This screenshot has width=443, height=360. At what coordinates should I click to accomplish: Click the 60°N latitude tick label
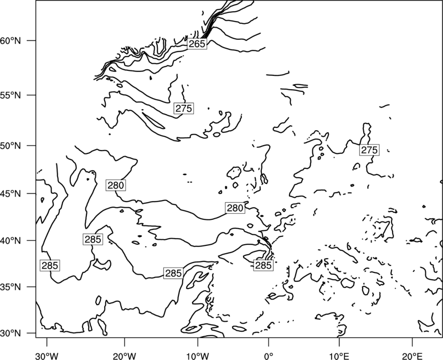(11, 40)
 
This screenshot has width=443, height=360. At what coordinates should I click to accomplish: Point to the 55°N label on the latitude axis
(11, 95)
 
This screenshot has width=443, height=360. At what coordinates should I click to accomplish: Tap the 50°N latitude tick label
(11, 146)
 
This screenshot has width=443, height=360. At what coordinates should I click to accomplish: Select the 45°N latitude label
(11, 194)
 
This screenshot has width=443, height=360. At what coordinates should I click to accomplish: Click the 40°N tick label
(11, 241)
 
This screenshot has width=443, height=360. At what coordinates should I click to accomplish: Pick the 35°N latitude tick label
(11, 287)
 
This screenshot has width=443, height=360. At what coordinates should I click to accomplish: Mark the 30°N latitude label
(11, 333)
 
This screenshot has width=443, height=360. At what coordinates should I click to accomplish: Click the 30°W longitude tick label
(47, 356)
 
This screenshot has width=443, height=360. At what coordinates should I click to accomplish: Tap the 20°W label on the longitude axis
(125, 356)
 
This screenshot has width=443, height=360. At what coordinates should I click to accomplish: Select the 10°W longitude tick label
(198, 356)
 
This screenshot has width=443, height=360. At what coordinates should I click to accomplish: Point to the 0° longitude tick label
(269, 356)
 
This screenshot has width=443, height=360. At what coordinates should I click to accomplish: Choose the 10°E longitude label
(339, 356)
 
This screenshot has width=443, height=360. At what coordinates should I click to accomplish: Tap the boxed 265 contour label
(197, 44)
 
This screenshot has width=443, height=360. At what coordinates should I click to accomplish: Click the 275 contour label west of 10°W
(184, 108)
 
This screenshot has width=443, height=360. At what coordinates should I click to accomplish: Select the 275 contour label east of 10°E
(369, 150)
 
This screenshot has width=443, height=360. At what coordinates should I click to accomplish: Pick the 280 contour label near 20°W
(116, 185)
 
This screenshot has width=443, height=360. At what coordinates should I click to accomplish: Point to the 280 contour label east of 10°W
(235, 208)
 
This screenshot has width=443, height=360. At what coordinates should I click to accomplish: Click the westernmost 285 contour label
(50, 265)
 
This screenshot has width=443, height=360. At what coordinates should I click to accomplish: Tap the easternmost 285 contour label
(264, 265)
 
